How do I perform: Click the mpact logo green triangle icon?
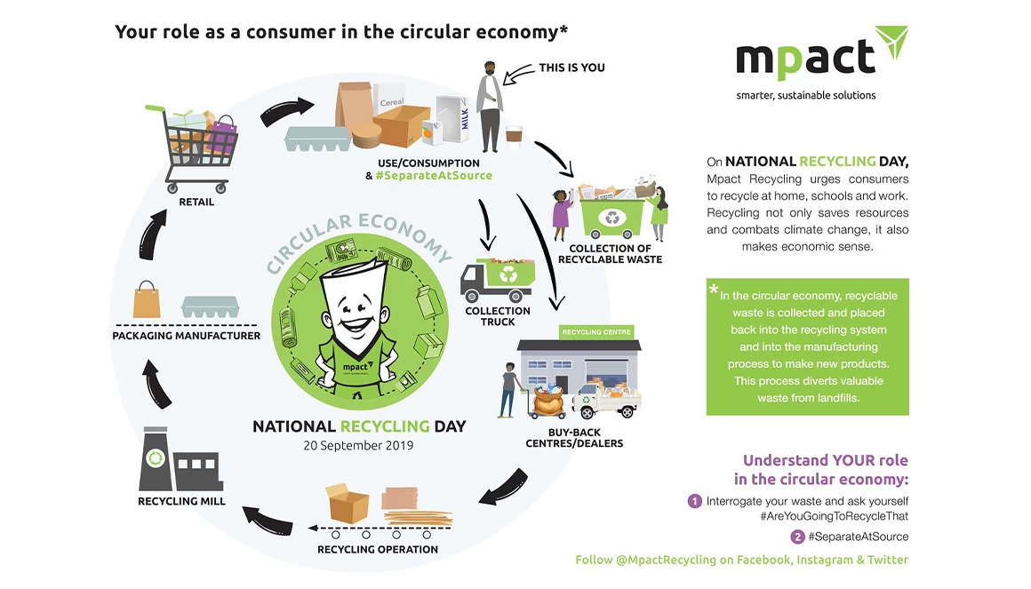tap(892, 41)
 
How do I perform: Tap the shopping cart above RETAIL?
tap(192, 147)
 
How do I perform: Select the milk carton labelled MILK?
tap(453, 118)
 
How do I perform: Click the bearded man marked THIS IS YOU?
tap(489, 107)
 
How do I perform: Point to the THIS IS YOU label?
tap(571, 67)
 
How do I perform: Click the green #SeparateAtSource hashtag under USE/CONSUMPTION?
tap(434, 176)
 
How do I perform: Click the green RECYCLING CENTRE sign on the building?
tap(596, 332)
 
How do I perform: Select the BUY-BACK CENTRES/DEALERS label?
tap(574, 438)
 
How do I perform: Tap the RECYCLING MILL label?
tap(181, 501)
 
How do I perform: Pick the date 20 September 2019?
tap(358, 445)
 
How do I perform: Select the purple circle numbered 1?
tap(694, 502)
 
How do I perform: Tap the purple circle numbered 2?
tap(797, 537)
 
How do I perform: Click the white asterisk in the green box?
tap(714, 289)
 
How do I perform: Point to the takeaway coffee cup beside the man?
tap(514, 137)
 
